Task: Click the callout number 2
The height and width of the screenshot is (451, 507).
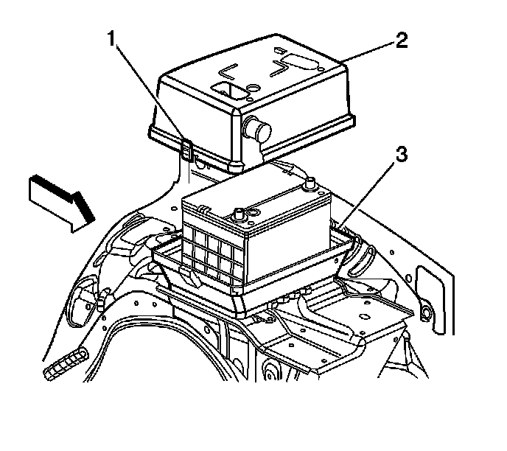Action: point(401,41)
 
